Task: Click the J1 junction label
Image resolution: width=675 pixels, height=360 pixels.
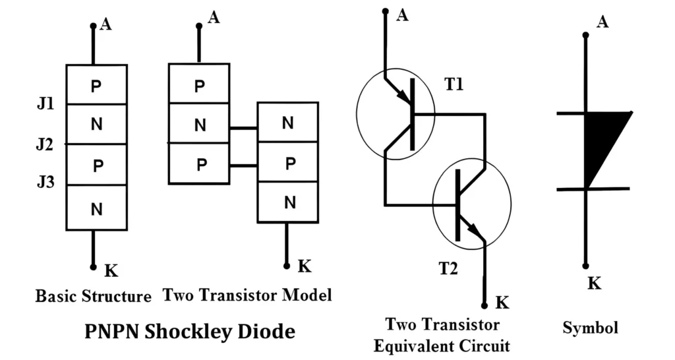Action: point(45,104)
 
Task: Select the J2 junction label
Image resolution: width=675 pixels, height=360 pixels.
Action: point(45,144)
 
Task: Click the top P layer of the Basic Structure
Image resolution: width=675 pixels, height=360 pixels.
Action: point(96,85)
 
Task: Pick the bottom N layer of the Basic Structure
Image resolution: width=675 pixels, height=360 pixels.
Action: point(96,209)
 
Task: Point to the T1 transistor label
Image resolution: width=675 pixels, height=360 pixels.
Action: point(454,86)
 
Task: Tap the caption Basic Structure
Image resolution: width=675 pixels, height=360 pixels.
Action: point(93,296)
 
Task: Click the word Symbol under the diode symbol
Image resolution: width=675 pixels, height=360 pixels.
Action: point(590,327)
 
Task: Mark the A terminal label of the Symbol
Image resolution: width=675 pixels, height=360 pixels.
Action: point(602,22)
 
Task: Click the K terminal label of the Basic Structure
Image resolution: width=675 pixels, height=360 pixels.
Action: point(111,270)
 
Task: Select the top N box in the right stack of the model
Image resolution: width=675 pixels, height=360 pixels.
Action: point(288,122)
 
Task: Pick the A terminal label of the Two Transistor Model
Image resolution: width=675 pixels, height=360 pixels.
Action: point(214,17)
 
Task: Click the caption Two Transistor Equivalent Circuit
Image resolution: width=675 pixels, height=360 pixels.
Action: point(442,334)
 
